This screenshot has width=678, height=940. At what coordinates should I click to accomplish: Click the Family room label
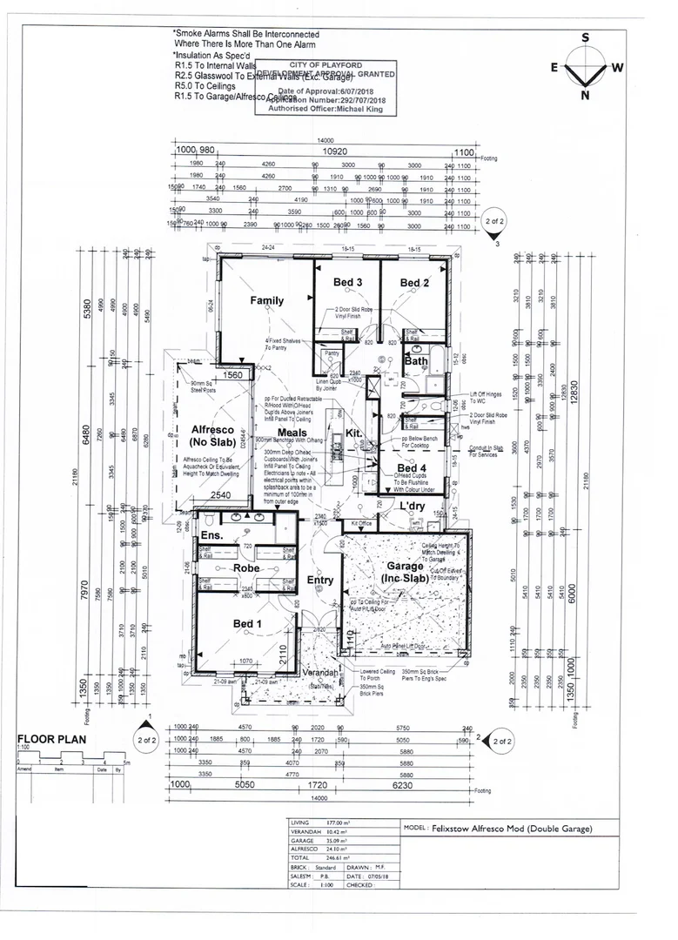point(267,301)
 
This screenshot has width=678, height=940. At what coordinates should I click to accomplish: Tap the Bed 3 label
point(348,282)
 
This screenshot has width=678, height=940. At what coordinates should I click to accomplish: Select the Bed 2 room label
point(414,283)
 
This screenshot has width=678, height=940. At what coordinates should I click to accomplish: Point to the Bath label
point(415,360)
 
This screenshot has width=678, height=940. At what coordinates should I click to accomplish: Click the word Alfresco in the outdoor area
point(210,429)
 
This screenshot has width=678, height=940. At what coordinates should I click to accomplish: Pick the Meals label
point(293,433)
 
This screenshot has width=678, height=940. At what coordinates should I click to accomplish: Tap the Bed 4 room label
point(412,469)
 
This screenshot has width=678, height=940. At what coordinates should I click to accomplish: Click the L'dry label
point(415,507)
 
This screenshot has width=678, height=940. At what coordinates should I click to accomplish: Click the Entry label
point(319,581)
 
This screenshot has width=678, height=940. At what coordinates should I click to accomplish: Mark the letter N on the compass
point(585,96)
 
